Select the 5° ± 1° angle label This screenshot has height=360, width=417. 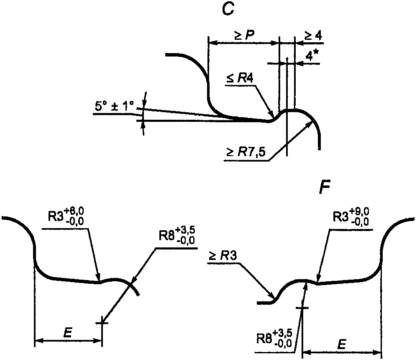114,108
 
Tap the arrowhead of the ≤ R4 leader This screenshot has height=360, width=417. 274,116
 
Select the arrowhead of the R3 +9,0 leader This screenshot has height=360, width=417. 318,281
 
